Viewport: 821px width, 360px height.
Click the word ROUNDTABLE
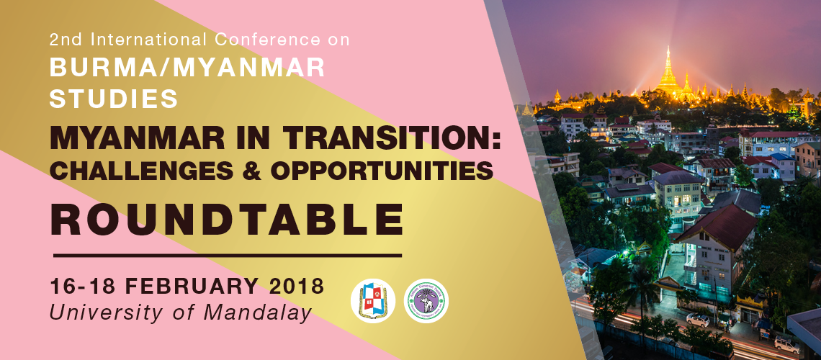[x=227, y=220]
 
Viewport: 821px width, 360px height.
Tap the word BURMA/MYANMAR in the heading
[x=187, y=68]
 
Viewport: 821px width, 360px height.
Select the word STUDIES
[x=114, y=99]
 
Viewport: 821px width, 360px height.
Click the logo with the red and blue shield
[x=373, y=301]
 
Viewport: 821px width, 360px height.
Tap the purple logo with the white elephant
[x=426, y=301]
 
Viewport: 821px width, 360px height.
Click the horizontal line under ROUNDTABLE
[x=228, y=256]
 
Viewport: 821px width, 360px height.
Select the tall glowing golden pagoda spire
[x=668, y=73]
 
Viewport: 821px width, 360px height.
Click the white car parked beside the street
[x=697, y=320]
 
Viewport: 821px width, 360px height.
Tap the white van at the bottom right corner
[x=787, y=345]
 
